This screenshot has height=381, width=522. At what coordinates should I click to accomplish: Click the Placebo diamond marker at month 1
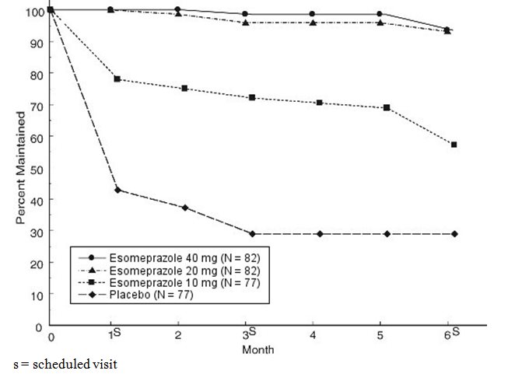pos(117,190)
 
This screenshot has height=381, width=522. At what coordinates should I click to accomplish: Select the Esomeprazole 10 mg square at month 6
pos(454,145)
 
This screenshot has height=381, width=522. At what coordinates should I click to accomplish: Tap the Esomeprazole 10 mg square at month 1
pos(117,79)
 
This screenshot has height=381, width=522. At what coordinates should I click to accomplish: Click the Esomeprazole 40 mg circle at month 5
pos(380,14)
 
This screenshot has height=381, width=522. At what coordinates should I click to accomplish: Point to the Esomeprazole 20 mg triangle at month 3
pos(246,23)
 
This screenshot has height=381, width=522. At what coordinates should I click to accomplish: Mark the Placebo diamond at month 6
pos(454,234)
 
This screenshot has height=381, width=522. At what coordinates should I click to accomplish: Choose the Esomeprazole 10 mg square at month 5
pos(387,107)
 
